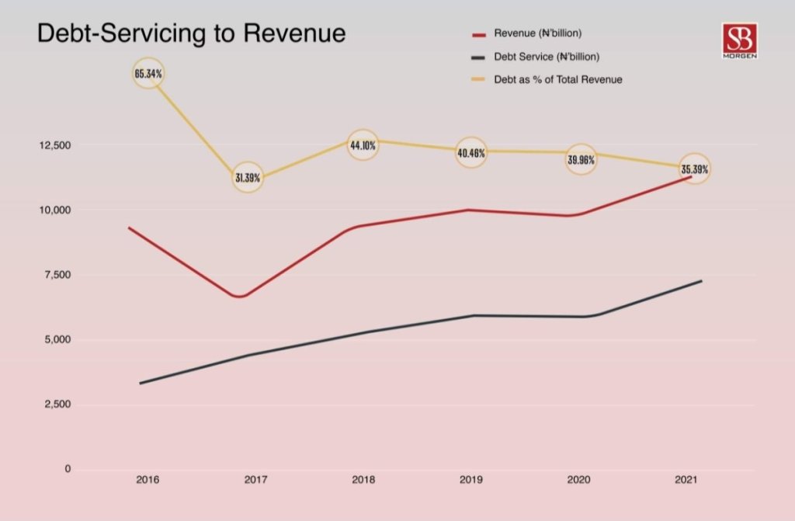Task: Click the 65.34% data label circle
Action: coord(148,74)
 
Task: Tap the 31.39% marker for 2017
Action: coord(248,178)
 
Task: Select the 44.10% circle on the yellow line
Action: coord(363,145)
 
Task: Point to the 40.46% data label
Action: coord(471,153)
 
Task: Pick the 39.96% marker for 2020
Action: coord(581,159)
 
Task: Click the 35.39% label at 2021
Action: coord(694,168)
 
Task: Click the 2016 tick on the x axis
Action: coord(148,481)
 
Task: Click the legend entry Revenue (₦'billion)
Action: coord(538,34)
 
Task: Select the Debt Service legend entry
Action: coord(547,57)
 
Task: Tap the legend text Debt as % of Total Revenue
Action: coord(557,79)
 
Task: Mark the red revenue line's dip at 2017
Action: coord(241,296)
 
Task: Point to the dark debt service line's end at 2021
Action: coord(701,281)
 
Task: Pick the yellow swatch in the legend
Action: coord(479,79)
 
